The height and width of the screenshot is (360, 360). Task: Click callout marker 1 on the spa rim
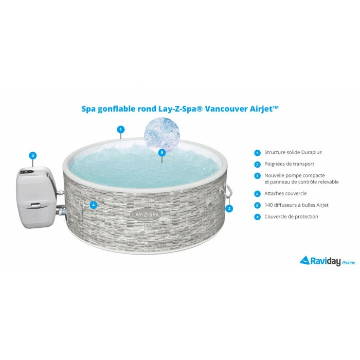coord(121,130)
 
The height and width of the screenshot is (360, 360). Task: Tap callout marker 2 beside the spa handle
coord(229,208)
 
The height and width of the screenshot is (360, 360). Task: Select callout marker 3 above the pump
coord(33,155)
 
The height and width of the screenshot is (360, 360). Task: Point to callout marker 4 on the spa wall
coord(93,205)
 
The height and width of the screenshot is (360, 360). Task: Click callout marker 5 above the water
coord(162,152)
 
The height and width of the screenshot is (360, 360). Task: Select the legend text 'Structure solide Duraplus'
coord(293,153)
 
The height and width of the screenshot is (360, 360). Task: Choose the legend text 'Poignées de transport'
coord(289,165)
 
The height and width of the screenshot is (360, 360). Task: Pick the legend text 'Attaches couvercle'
coord(285,193)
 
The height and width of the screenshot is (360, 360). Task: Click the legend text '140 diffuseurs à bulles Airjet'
coord(295,205)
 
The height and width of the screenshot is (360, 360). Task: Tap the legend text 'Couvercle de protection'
coord(291,217)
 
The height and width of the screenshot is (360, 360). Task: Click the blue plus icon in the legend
coord(257,217)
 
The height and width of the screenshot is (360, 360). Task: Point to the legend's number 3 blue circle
coord(257,176)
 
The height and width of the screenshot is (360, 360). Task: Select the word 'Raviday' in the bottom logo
coord(325,261)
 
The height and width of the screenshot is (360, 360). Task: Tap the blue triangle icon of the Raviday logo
coord(304,261)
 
